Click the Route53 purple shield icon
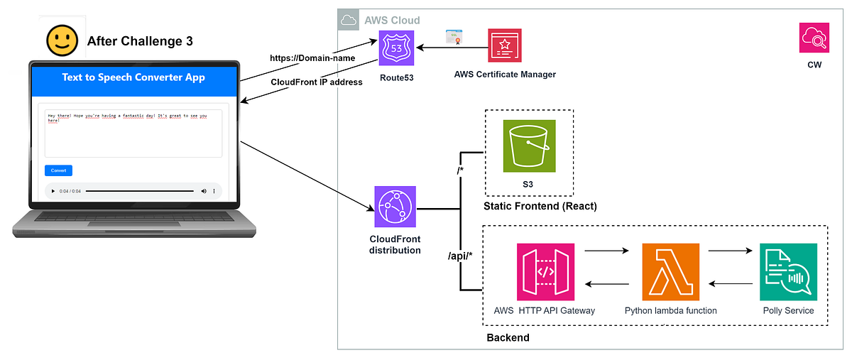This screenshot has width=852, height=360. click(x=396, y=48)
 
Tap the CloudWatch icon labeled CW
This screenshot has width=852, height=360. click(x=814, y=38)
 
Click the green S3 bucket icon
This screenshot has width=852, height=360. click(x=529, y=146)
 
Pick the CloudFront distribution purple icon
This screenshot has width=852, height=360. click(x=395, y=207)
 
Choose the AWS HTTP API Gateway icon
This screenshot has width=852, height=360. click(x=546, y=272)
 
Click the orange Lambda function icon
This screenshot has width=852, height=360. click(x=670, y=272)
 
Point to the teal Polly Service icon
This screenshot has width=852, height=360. click(x=788, y=272)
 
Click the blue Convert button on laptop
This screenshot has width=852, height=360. click(x=58, y=170)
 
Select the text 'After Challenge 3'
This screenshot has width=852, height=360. click(x=139, y=41)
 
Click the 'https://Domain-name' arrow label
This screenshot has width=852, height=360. click(x=312, y=58)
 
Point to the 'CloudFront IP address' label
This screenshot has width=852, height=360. click(x=317, y=82)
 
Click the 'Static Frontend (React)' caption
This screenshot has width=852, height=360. click(x=540, y=207)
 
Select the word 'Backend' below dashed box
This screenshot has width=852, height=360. click(x=508, y=337)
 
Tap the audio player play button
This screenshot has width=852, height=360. click(x=53, y=191)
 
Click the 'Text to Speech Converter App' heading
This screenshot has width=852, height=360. click(x=133, y=77)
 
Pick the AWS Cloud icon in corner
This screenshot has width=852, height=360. click(x=349, y=21)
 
